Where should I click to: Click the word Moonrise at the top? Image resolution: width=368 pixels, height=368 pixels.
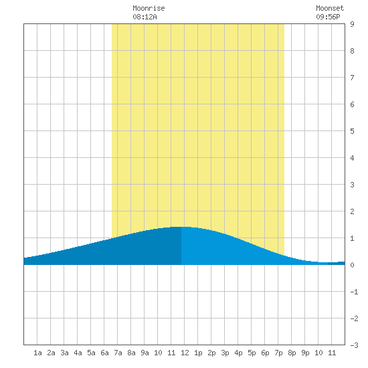tap(149, 8)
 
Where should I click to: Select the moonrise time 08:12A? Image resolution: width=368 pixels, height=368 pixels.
tap(145, 17)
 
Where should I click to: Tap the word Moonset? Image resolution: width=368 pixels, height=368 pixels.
tap(330, 8)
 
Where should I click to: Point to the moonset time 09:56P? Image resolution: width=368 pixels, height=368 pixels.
tap(328, 17)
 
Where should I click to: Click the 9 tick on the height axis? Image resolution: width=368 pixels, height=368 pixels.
tap(352, 24)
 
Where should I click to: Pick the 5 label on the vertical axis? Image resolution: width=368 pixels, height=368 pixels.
tap(352, 131)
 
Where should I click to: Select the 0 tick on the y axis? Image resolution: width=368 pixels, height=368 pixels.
tap(352, 265)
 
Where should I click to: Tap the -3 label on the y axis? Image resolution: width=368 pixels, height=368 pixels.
tap(354, 345)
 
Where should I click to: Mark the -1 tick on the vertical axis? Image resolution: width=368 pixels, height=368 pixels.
tap(354, 292)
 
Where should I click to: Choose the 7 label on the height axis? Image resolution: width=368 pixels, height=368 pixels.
tap(352, 78)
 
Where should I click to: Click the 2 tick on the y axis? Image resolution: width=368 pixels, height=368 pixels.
tap(352, 211)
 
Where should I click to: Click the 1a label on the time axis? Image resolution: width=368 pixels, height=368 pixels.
tap(37, 353)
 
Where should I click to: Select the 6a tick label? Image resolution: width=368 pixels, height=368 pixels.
tap(104, 353)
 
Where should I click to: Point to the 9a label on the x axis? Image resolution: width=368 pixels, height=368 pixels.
tap(145, 353)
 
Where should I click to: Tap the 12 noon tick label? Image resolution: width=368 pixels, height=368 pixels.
tap(185, 353)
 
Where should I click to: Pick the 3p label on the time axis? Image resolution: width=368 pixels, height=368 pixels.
tap(225, 353)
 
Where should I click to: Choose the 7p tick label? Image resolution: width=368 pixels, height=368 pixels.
tap(278, 353)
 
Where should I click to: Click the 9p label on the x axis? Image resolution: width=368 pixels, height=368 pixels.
tap(305, 353)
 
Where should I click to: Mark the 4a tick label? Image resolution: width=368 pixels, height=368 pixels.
tap(78, 353)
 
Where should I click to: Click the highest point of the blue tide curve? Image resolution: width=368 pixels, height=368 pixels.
tap(181, 227)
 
